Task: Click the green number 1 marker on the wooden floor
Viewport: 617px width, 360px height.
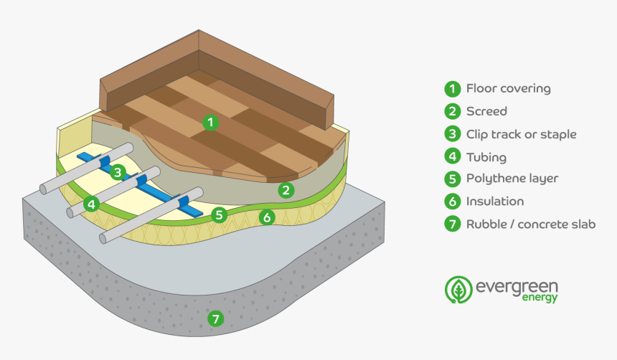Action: click(x=209, y=122)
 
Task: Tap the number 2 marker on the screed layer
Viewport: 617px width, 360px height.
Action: click(x=286, y=190)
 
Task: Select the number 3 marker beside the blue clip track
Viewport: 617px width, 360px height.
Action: click(x=118, y=171)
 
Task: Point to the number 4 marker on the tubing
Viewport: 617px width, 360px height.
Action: click(x=90, y=204)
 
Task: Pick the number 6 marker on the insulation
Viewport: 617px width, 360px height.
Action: click(x=266, y=217)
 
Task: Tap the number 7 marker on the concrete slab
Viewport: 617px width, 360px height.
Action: click(x=215, y=319)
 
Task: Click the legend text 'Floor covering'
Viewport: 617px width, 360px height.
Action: click(x=508, y=89)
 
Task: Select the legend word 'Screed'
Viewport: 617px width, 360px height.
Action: click(x=486, y=111)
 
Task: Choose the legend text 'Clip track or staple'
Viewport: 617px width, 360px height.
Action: click(x=521, y=134)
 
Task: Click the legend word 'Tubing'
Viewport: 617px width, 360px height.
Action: click(x=486, y=157)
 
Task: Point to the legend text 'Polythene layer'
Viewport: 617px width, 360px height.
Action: click(x=512, y=179)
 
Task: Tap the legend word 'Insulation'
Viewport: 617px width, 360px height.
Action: click(x=495, y=202)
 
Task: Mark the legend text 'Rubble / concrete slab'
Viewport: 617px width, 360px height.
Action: click(x=531, y=224)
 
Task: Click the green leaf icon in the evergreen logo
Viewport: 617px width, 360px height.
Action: click(x=458, y=289)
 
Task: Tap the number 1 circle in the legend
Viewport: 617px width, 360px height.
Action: click(x=451, y=89)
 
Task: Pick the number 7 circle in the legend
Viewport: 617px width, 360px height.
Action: click(x=451, y=224)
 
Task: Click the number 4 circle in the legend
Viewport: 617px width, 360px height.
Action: click(x=451, y=157)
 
